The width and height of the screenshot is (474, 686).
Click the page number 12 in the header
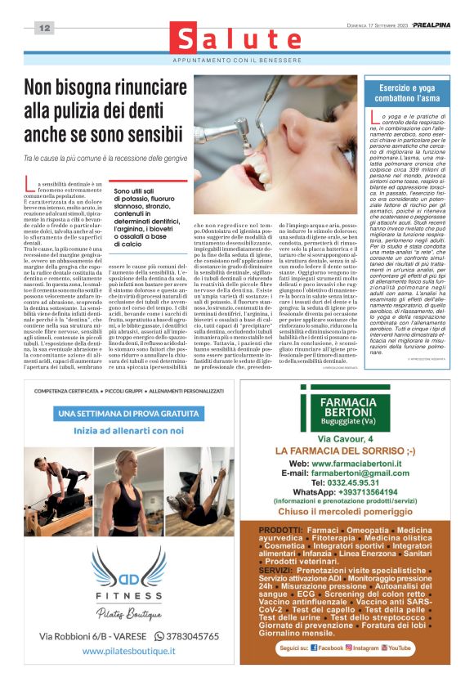click(x=43, y=29)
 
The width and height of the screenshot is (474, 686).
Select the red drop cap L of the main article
click(x=31, y=187)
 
